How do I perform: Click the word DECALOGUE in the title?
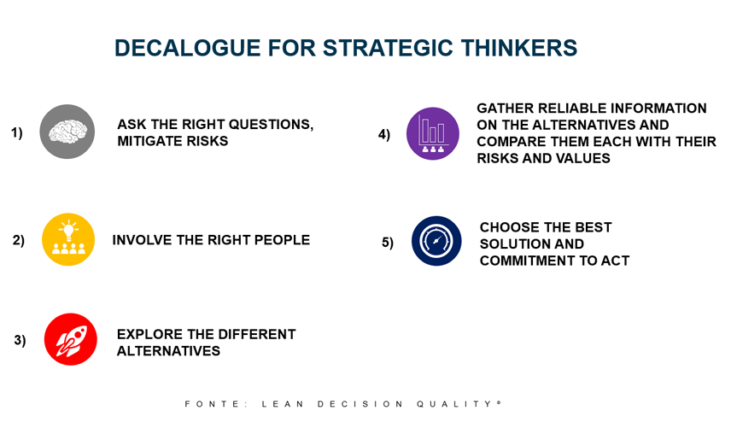click(188, 48)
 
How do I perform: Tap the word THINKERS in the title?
click(519, 48)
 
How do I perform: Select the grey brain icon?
click(67, 132)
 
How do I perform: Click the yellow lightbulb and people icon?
click(68, 239)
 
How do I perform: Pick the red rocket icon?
click(71, 339)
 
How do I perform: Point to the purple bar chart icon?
click(433, 133)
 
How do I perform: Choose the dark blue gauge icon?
click(436, 241)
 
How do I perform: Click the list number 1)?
click(17, 133)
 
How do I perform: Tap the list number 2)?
click(19, 240)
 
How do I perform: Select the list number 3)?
click(20, 340)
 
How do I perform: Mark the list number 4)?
click(384, 135)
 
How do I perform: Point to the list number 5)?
click(388, 243)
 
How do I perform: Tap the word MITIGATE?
click(146, 141)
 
